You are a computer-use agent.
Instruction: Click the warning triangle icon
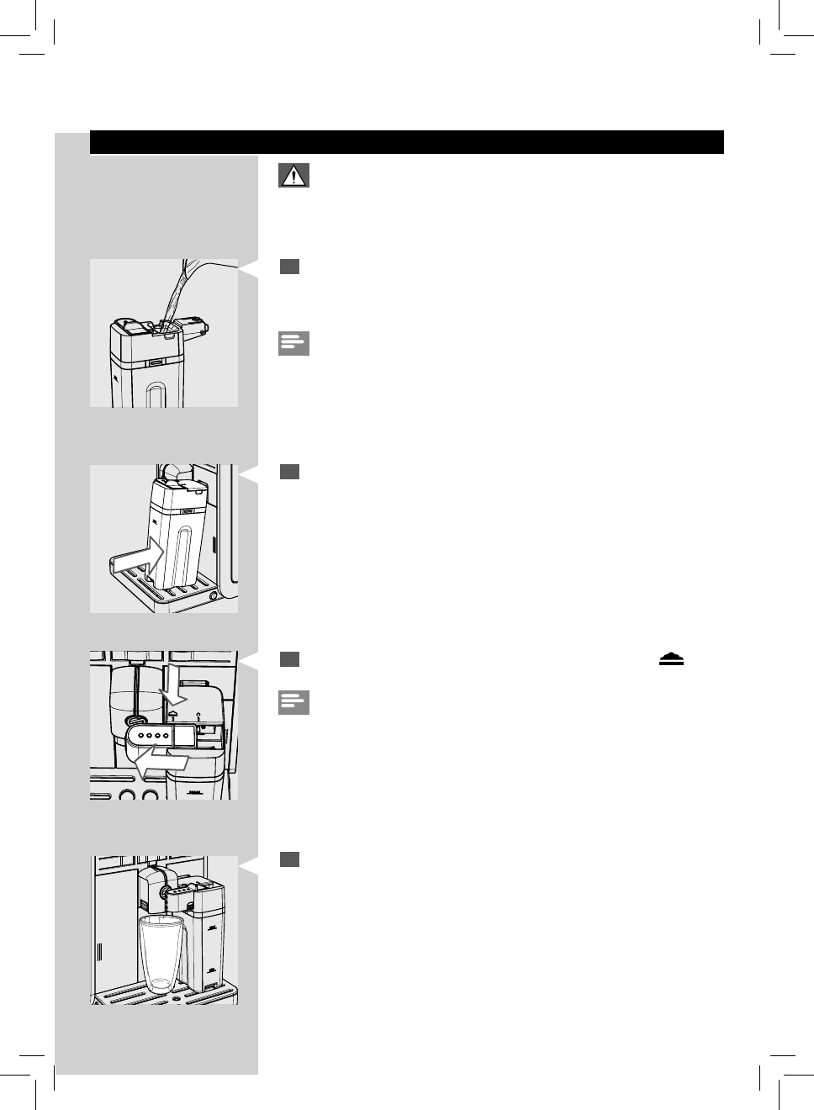[293, 175]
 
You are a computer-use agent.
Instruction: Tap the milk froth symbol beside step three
[671, 659]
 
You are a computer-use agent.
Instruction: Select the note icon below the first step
[293, 343]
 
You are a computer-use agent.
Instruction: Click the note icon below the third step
[293, 702]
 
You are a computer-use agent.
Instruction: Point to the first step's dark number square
[290, 267]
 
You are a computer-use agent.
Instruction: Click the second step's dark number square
[290, 472]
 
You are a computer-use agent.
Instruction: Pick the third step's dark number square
[290, 658]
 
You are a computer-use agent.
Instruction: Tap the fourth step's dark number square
[290, 859]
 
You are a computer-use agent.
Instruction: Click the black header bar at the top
[406, 142]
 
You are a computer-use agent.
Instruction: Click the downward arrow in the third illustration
[177, 684]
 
